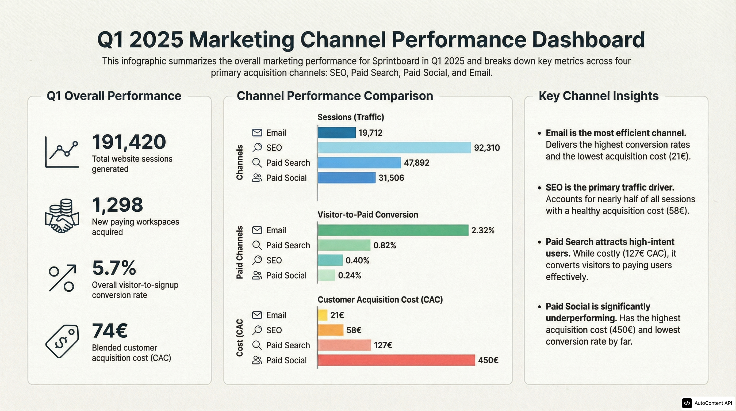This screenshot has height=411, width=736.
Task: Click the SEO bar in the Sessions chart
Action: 394,148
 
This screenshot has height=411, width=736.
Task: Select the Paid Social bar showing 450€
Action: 396,360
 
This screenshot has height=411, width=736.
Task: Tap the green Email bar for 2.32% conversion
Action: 393,230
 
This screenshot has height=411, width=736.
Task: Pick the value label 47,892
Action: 416,163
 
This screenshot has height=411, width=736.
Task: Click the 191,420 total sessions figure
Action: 129,142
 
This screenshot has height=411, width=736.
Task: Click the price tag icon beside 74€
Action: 62,341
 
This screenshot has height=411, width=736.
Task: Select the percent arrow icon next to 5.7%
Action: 62,278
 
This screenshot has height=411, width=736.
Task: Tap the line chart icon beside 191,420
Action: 62,152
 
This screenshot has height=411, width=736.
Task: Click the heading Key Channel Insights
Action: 598,96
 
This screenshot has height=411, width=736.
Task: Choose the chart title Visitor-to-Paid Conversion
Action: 368,215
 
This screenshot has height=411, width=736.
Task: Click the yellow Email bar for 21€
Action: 323,315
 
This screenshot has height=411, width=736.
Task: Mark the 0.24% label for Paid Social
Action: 350,276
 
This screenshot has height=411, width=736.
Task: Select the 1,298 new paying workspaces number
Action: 117,205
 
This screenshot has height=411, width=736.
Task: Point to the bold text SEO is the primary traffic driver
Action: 610,188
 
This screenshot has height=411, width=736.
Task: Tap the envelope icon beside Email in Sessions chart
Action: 257,133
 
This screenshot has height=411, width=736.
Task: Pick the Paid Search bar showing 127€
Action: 344,345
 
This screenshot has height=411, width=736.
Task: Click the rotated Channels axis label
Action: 239,162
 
